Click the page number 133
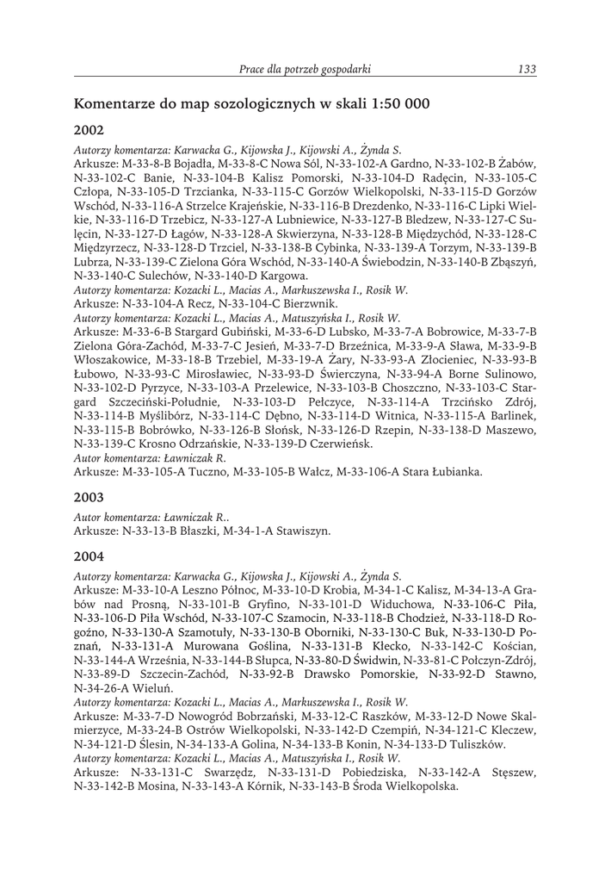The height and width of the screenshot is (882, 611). point(527,68)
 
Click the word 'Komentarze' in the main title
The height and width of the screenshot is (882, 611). point(116,104)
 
